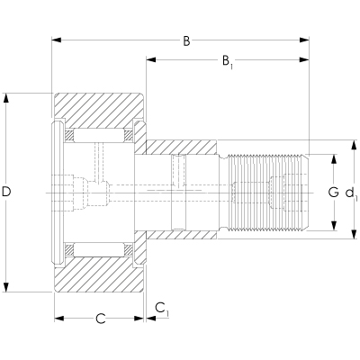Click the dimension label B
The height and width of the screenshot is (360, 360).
[187, 40]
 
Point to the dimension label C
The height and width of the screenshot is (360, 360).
[101, 318]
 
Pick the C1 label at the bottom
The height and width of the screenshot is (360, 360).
[161, 309]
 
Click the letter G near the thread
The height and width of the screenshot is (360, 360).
[333, 192]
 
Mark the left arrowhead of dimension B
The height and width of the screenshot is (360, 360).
[56, 40]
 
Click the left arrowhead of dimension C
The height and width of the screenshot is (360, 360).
[58, 318]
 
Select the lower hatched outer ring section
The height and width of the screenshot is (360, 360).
[99, 274]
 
